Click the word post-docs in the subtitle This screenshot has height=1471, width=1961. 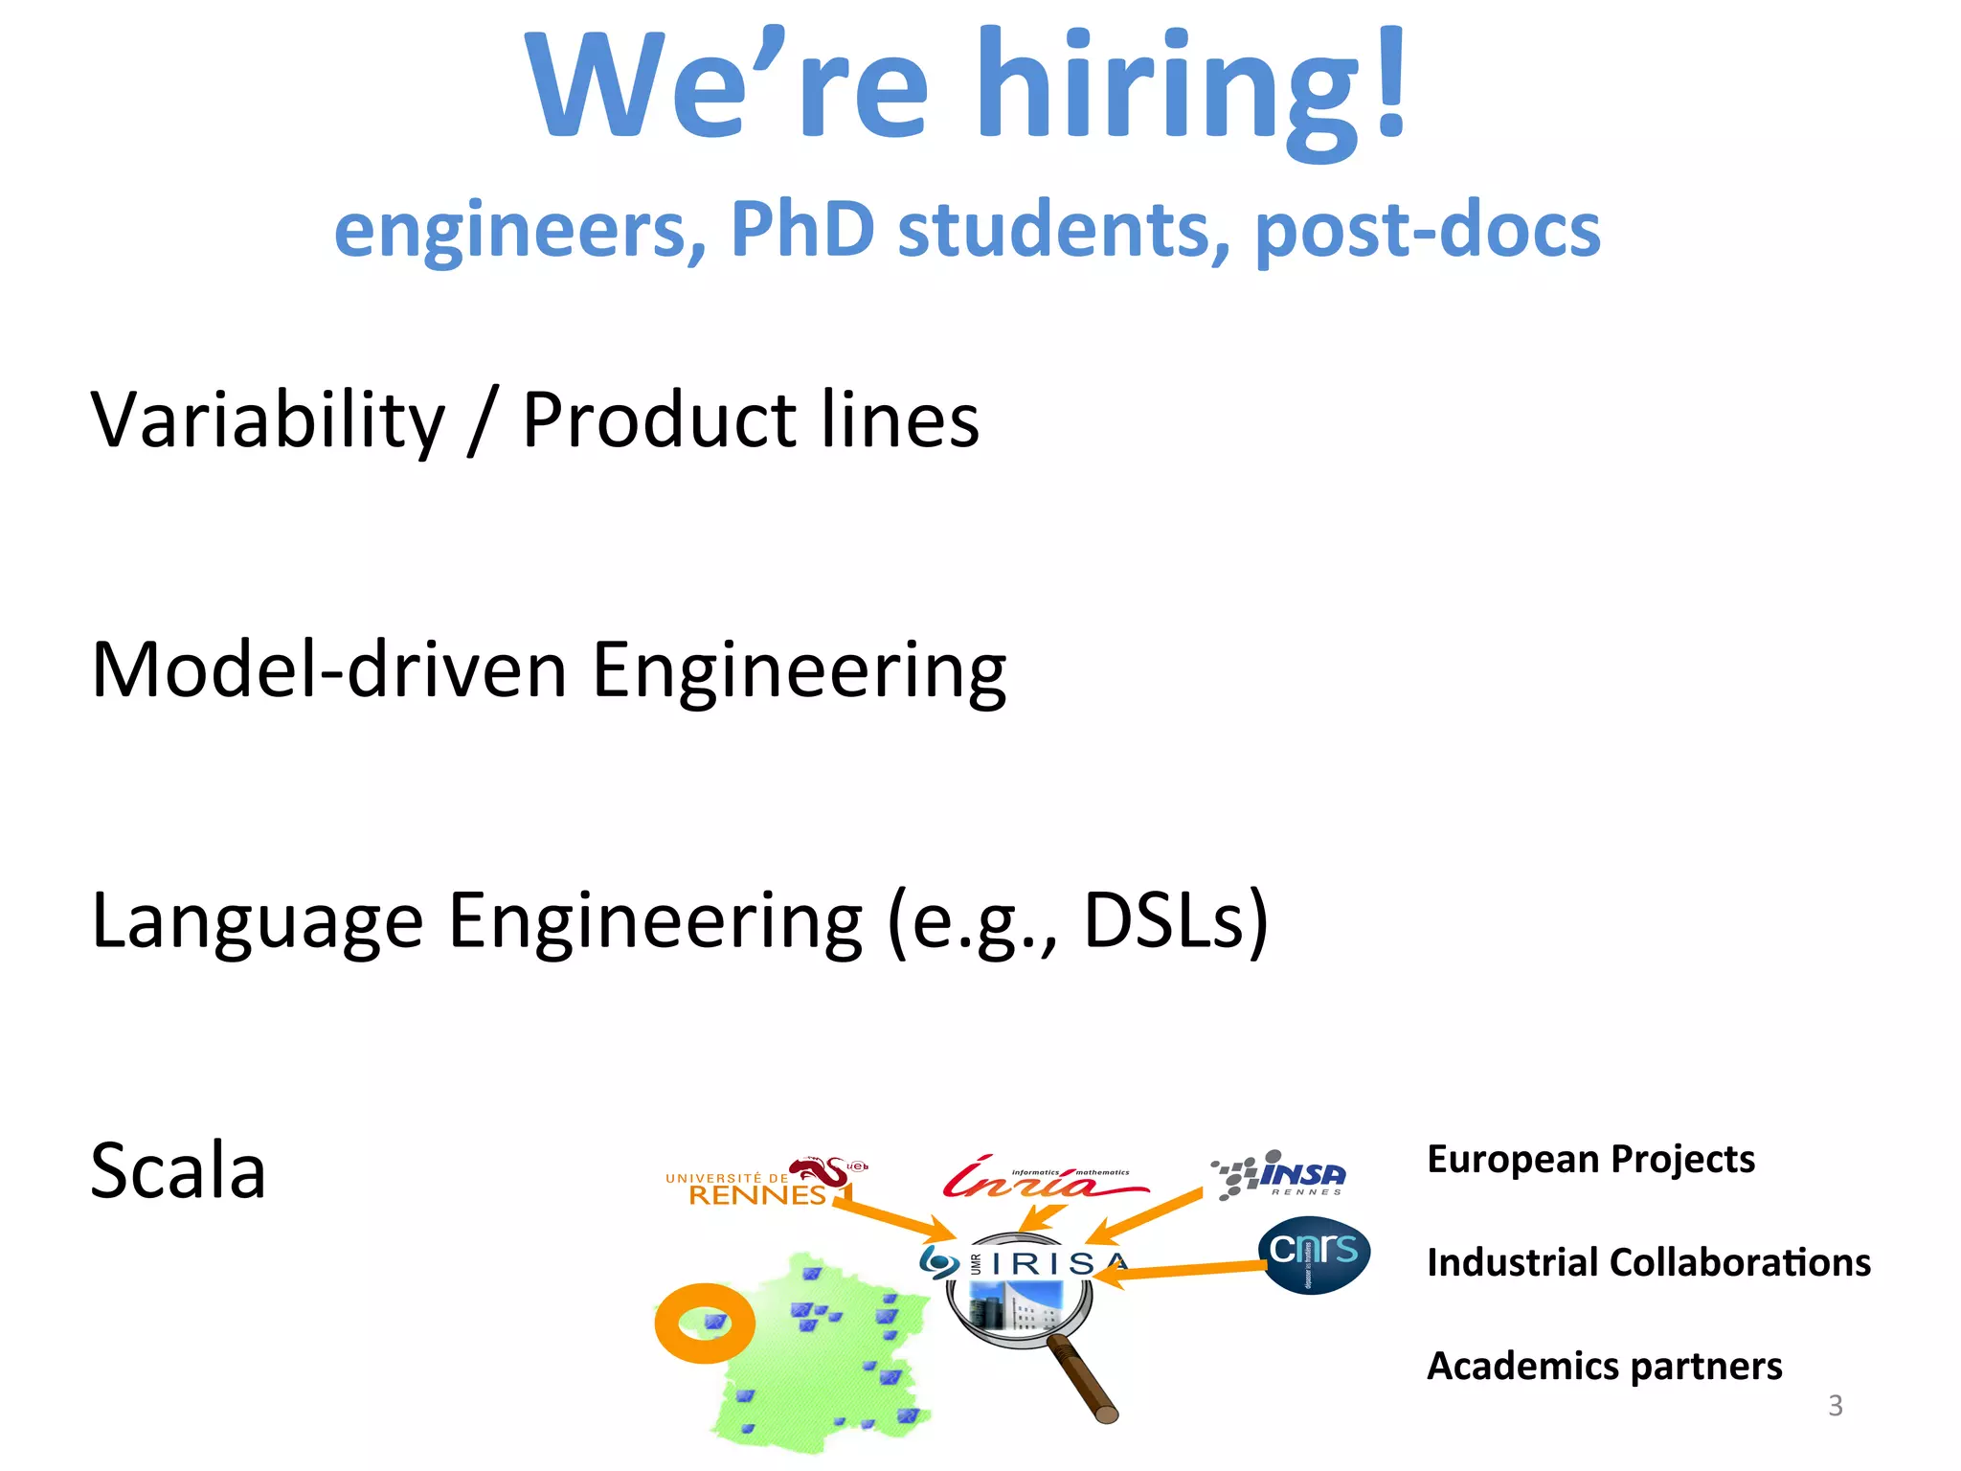(x=1427, y=231)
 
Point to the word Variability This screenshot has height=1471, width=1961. (x=268, y=420)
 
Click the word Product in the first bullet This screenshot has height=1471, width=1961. (x=659, y=420)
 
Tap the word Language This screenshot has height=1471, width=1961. (x=257, y=921)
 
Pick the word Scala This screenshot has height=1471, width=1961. (x=178, y=1171)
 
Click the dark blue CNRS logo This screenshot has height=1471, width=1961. (x=1313, y=1255)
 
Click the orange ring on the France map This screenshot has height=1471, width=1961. (x=704, y=1323)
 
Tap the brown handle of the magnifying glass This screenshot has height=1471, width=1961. (x=1083, y=1379)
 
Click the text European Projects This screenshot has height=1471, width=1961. (x=1590, y=1159)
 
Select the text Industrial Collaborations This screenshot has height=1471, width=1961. (x=1648, y=1262)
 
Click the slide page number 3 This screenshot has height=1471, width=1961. (x=1835, y=1405)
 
